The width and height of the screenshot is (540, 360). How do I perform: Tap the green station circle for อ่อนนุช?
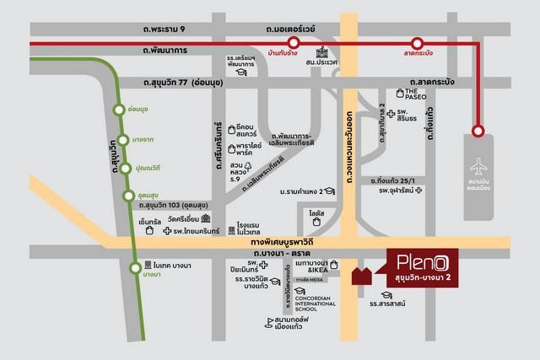(120, 109)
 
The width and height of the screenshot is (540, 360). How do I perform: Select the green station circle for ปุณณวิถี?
(126, 167)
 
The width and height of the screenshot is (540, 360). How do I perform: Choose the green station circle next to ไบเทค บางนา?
(135, 269)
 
